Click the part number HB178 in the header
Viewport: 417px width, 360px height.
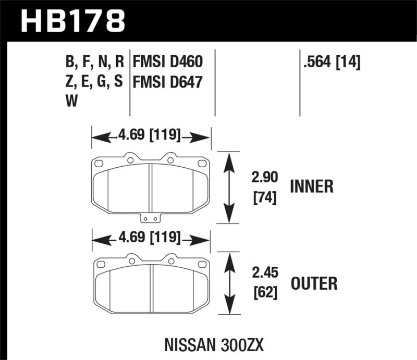pos(73,21)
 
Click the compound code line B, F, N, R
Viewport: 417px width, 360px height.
pos(94,64)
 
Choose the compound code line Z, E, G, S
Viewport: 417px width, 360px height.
pos(94,82)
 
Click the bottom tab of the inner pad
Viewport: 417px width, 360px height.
pos(151,219)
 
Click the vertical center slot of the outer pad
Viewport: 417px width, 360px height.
pos(151,289)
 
